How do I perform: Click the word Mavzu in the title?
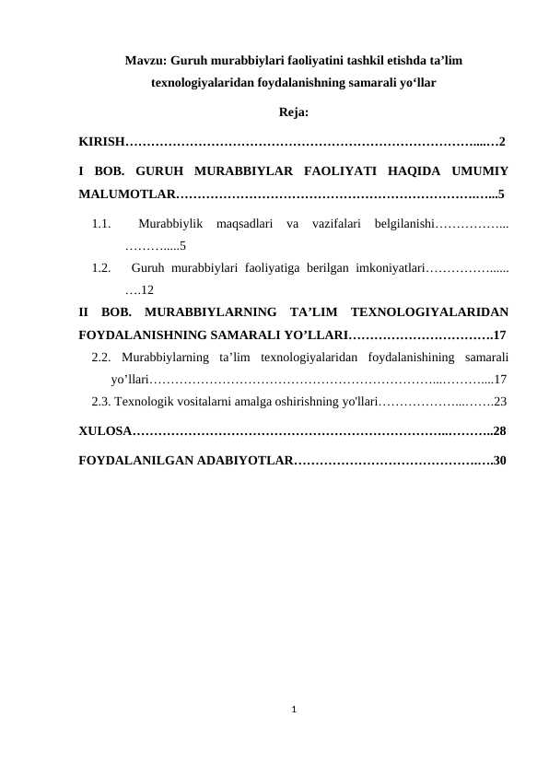(142, 62)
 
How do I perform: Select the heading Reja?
(293, 114)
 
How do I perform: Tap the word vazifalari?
(338, 223)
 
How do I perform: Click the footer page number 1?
(293, 710)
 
